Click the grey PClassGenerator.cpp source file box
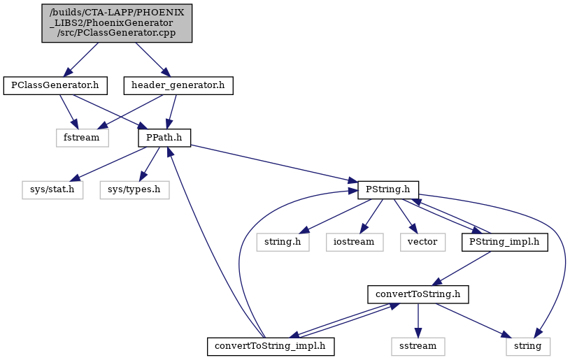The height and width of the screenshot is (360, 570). pyautogui.click(x=117, y=23)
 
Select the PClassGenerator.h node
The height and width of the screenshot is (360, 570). pyautogui.click(x=55, y=86)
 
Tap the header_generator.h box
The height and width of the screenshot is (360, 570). pyautogui.click(x=178, y=86)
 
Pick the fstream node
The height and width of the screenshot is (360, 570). pyautogui.click(x=82, y=138)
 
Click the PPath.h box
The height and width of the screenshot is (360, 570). pyautogui.click(x=164, y=138)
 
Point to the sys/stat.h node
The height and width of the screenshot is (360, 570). pyautogui.click(x=52, y=190)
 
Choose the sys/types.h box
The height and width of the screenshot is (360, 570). pyautogui.click(x=134, y=190)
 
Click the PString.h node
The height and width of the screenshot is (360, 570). pyautogui.click(x=388, y=190)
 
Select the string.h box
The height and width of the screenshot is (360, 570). pyautogui.click(x=283, y=242)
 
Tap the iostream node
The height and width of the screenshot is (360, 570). pyautogui.click(x=355, y=242)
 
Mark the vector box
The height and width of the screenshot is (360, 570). pyautogui.click(x=422, y=242)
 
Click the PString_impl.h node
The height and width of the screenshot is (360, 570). pyautogui.click(x=504, y=242)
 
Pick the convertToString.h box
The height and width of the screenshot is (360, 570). pyautogui.click(x=418, y=294)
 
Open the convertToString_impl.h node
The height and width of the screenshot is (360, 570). pyautogui.click(x=271, y=346)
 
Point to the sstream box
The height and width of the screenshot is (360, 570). pyautogui.click(x=418, y=346)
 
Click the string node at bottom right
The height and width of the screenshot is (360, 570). pyautogui.click(x=528, y=346)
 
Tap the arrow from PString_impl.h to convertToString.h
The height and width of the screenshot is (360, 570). pyautogui.click(x=462, y=268)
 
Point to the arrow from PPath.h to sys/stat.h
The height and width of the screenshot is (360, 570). pyautogui.click(x=108, y=164)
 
